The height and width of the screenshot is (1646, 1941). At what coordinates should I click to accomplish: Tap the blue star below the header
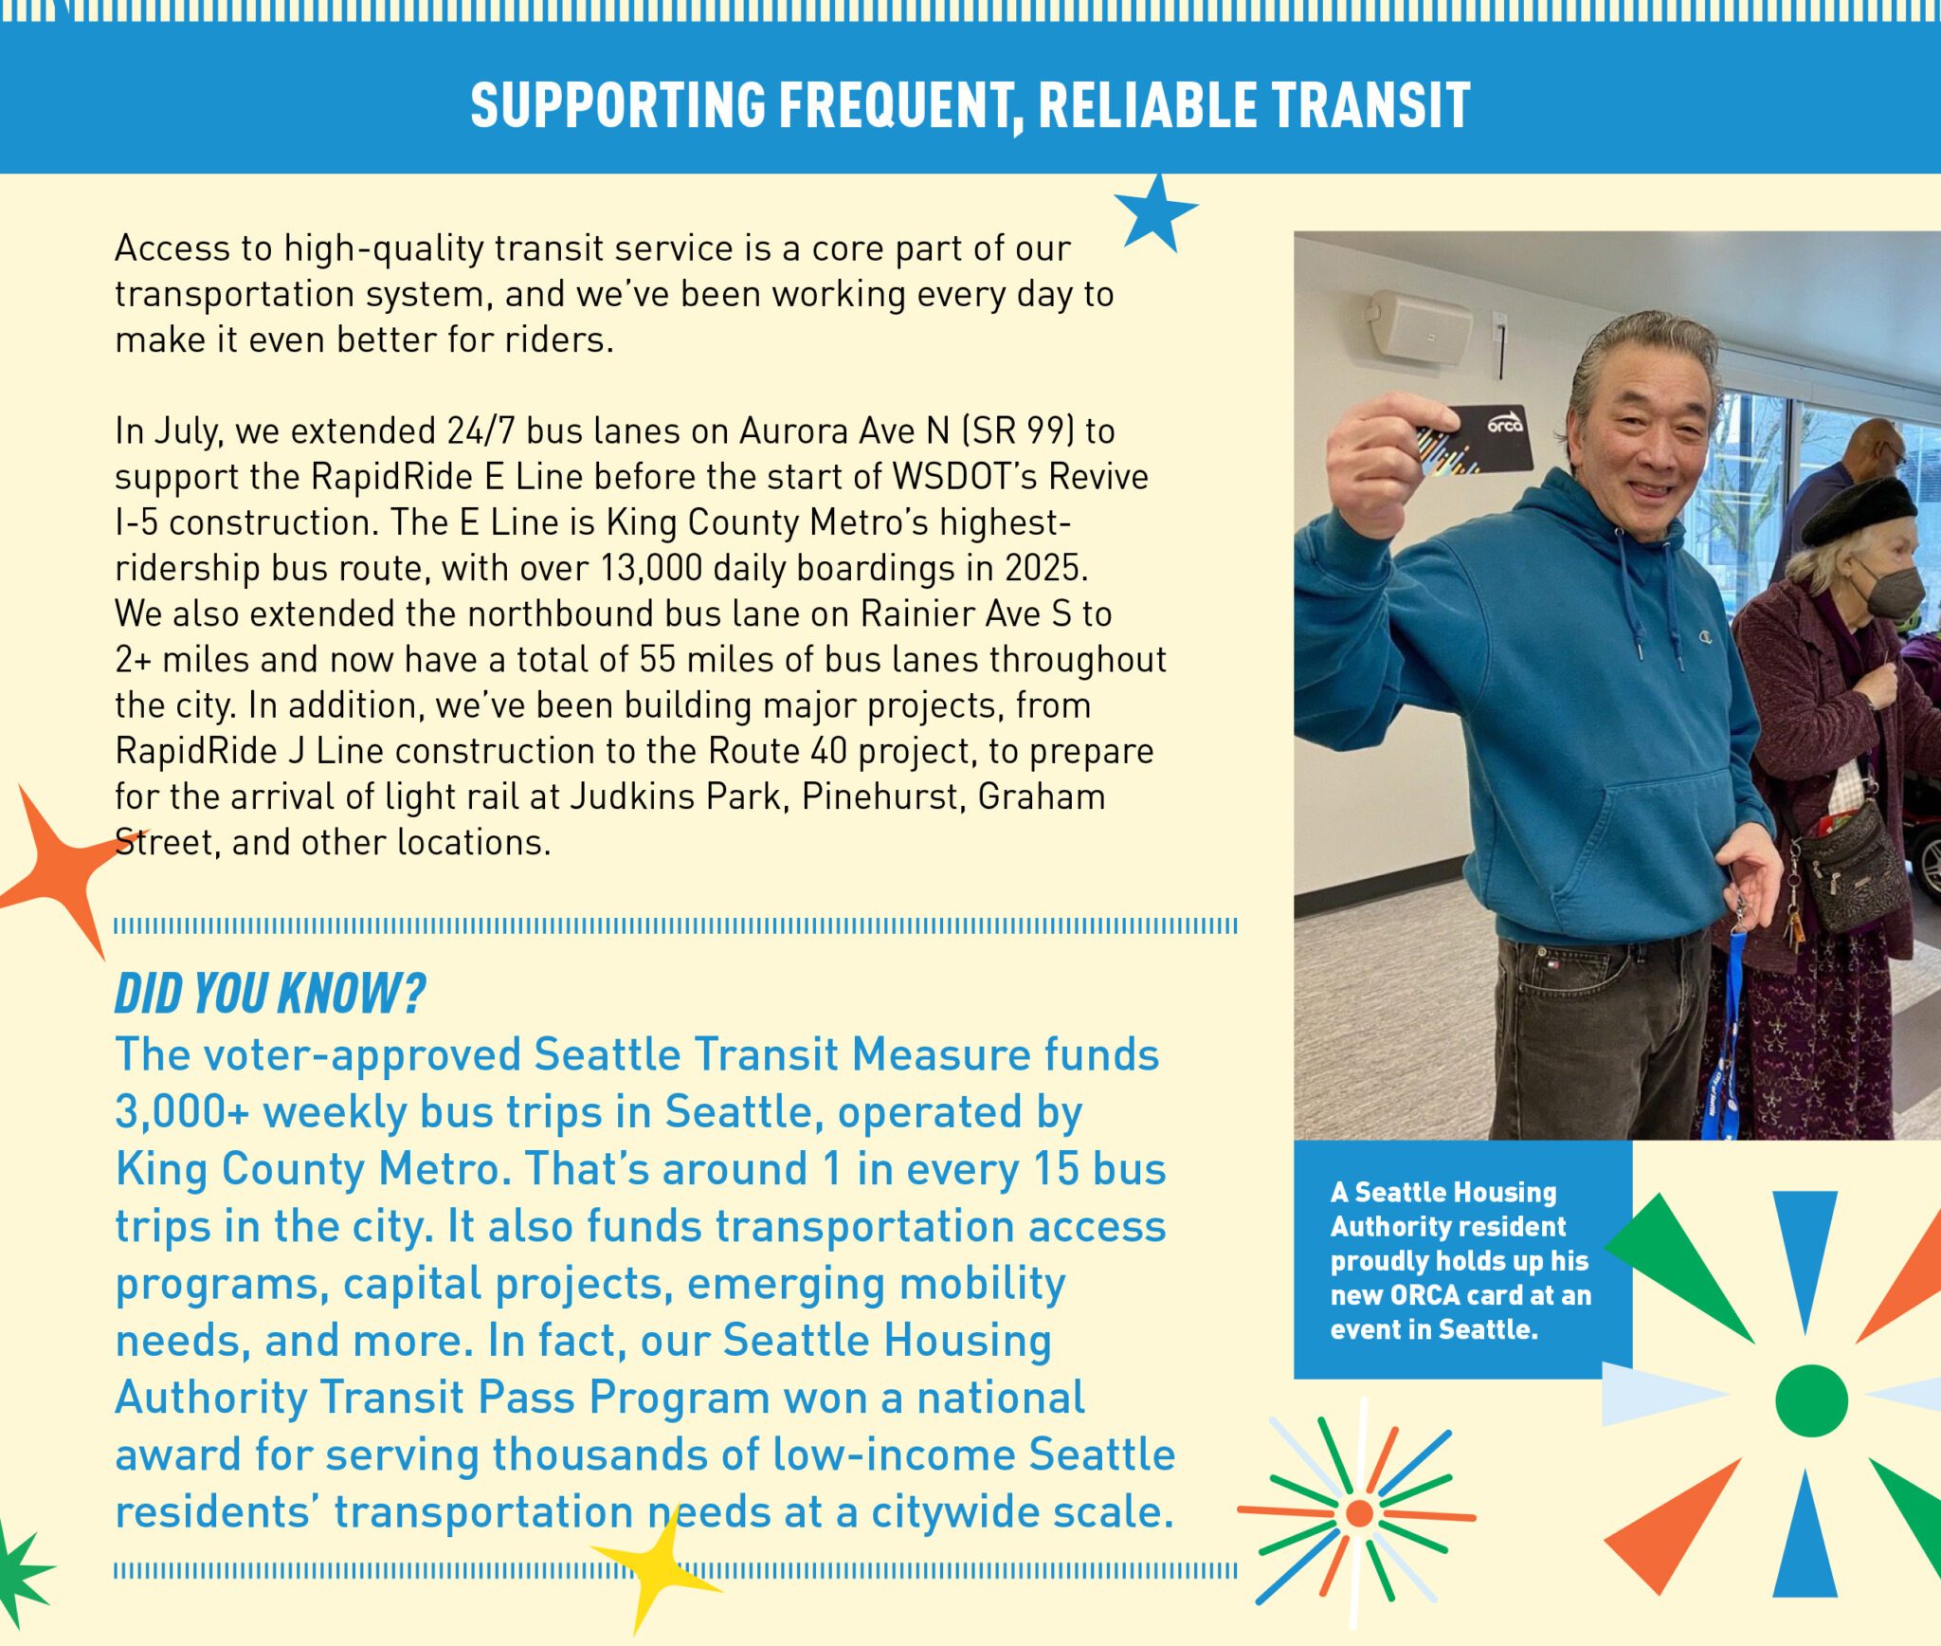tap(1155, 213)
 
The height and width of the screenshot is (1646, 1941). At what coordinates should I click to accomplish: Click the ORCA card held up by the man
tap(1475, 440)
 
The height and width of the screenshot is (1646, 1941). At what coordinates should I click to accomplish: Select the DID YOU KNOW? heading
tap(270, 994)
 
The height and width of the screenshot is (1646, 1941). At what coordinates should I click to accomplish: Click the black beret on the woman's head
tap(1859, 510)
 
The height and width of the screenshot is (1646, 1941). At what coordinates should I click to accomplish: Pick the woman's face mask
tap(1891, 590)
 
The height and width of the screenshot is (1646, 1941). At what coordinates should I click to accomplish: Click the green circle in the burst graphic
tap(1811, 1400)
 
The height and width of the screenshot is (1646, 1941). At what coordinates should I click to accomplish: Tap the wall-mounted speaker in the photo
tap(1419, 326)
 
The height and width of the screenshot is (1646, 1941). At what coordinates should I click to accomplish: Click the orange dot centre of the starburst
tap(1359, 1513)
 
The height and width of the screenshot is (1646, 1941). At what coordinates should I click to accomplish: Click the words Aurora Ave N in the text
tap(844, 430)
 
